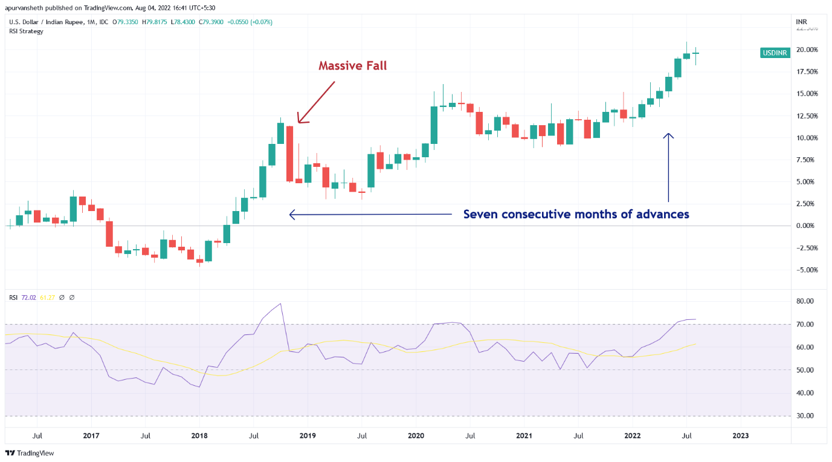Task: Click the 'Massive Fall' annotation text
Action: tap(352, 65)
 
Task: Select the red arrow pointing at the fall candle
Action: tap(316, 102)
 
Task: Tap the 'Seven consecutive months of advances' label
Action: tap(576, 214)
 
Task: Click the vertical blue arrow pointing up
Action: tap(668, 167)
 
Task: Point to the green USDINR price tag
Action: tap(774, 53)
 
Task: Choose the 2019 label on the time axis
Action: tap(308, 435)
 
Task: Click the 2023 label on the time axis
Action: tap(741, 435)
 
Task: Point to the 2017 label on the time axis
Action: tap(91, 435)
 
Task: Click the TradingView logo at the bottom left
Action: tap(30, 453)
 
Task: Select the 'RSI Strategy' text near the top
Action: tap(26, 31)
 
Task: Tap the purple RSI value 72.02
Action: tap(29, 298)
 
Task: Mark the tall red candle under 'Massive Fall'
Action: tap(290, 154)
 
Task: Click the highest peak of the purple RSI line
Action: tap(280, 304)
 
